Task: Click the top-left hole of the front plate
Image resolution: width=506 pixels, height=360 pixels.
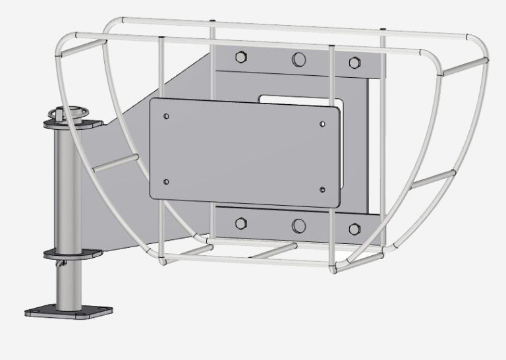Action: pyautogui.click(x=166, y=116)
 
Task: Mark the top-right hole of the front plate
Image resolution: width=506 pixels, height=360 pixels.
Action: pyautogui.click(x=322, y=123)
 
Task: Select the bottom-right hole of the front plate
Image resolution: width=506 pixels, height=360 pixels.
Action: pyautogui.click(x=322, y=190)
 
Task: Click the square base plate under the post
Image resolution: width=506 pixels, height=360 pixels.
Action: pyautogui.click(x=65, y=311)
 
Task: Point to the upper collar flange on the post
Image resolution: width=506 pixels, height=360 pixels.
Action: pyautogui.click(x=71, y=125)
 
